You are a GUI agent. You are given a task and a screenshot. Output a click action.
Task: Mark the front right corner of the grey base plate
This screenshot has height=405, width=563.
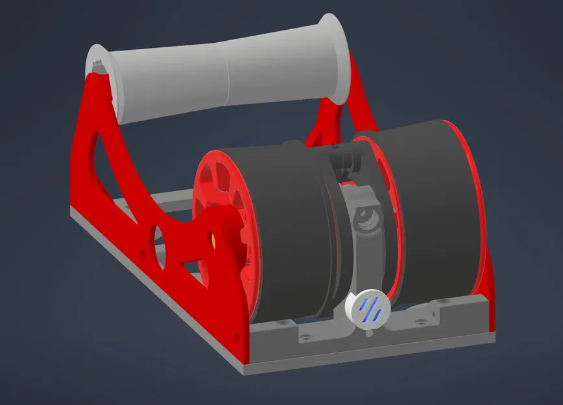(494, 338)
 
